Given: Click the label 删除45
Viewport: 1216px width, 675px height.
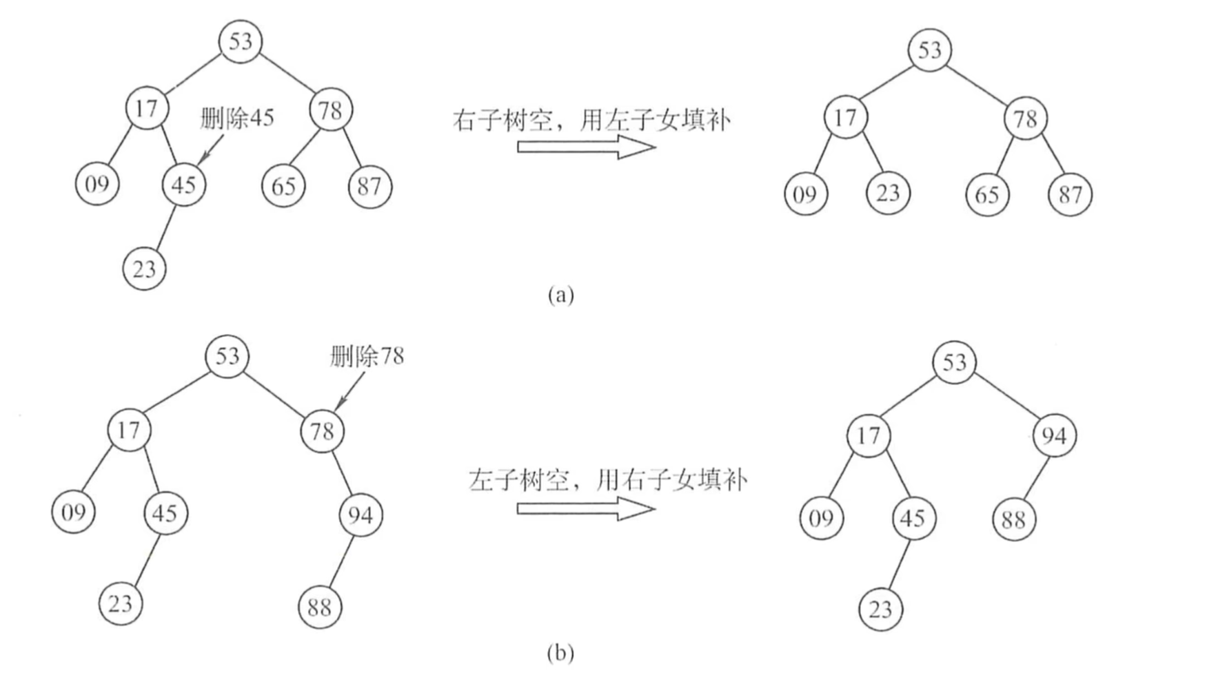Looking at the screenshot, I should click(x=236, y=118).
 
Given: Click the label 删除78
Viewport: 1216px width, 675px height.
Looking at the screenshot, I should click(x=366, y=357).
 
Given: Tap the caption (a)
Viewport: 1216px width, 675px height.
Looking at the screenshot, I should click(x=560, y=295).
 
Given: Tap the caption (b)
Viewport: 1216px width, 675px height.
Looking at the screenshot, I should click(x=560, y=652).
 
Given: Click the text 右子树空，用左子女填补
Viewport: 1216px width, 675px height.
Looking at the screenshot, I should click(x=591, y=120).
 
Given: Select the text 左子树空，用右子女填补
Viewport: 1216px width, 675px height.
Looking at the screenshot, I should click(x=607, y=479).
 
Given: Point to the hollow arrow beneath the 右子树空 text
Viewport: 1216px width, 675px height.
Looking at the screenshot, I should click(x=586, y=147).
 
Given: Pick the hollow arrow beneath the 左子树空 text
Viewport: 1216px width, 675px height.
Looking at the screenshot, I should click(x=586, y=509).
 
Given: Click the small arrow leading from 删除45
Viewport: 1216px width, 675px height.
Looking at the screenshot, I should click(x=211, y=150).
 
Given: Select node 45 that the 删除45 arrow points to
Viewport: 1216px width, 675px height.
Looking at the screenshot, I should click(x=183, y=185).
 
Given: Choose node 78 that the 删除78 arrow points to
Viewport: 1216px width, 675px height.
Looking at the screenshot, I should click(x=322, y=431).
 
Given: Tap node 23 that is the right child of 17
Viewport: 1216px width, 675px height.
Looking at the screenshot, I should click(x=888, y=193).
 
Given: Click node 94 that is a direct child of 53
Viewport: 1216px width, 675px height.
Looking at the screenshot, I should click(x=1054, y=435).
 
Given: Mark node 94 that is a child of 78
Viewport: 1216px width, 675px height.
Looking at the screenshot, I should click(x=360, y=515).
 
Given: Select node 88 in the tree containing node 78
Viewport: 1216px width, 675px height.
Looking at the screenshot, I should click(x=319, y=607).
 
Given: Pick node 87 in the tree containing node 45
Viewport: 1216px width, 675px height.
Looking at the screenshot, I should click(x=370, y=186).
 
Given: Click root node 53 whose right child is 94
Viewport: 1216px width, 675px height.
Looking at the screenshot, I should click(x=955, y=362).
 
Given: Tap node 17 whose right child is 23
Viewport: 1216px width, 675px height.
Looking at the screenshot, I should click(x=845, y=118).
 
